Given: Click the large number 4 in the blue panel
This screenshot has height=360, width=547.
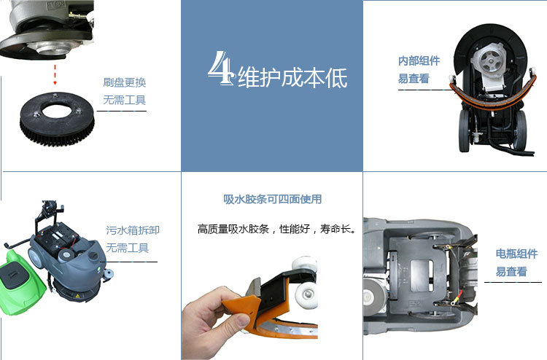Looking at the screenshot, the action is tap(220, 68).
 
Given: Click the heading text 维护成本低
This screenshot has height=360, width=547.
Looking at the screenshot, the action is tap(292, 77).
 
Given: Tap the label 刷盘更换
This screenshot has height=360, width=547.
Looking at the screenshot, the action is tap(124, 82).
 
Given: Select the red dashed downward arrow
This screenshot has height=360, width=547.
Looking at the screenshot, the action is tap(55, 74).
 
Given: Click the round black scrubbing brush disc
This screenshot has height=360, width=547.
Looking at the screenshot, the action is tap(57, 120).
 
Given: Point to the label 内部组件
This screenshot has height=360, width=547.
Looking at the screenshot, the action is tap(419, 61).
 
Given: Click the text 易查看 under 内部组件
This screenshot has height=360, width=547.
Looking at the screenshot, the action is tap(414, 79).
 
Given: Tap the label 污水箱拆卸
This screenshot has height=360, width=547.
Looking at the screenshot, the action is tap(133, 230).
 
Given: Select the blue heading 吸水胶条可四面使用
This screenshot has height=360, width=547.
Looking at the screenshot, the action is tap(273, 200).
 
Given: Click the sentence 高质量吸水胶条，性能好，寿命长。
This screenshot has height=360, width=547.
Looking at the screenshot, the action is tap(277, 229).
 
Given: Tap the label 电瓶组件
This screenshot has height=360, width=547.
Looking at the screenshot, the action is tap(516, 254).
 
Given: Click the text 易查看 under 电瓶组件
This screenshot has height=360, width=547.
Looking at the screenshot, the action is tap(511, 272).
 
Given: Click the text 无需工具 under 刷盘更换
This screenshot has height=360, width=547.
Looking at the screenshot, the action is tap(124, 101).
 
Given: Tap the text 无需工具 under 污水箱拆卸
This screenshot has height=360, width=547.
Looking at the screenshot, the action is tap(128, 248).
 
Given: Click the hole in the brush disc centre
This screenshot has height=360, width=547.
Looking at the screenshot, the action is tap(56, 111).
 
